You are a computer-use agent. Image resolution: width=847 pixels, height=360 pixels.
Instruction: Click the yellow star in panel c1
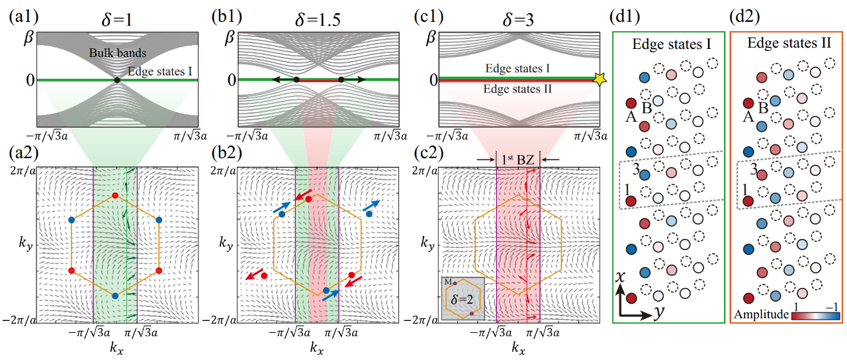[600, 79]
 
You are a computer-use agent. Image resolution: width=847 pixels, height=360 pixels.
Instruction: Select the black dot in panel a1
[117, 80]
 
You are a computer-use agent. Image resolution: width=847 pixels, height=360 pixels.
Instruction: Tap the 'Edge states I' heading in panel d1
[672, 44]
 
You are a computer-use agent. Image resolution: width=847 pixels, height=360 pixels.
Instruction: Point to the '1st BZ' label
[519, 159]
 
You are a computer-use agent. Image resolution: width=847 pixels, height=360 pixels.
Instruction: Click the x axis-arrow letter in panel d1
[621, 280]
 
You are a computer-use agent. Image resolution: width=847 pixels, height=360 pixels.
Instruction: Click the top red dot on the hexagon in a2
[115, 196]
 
